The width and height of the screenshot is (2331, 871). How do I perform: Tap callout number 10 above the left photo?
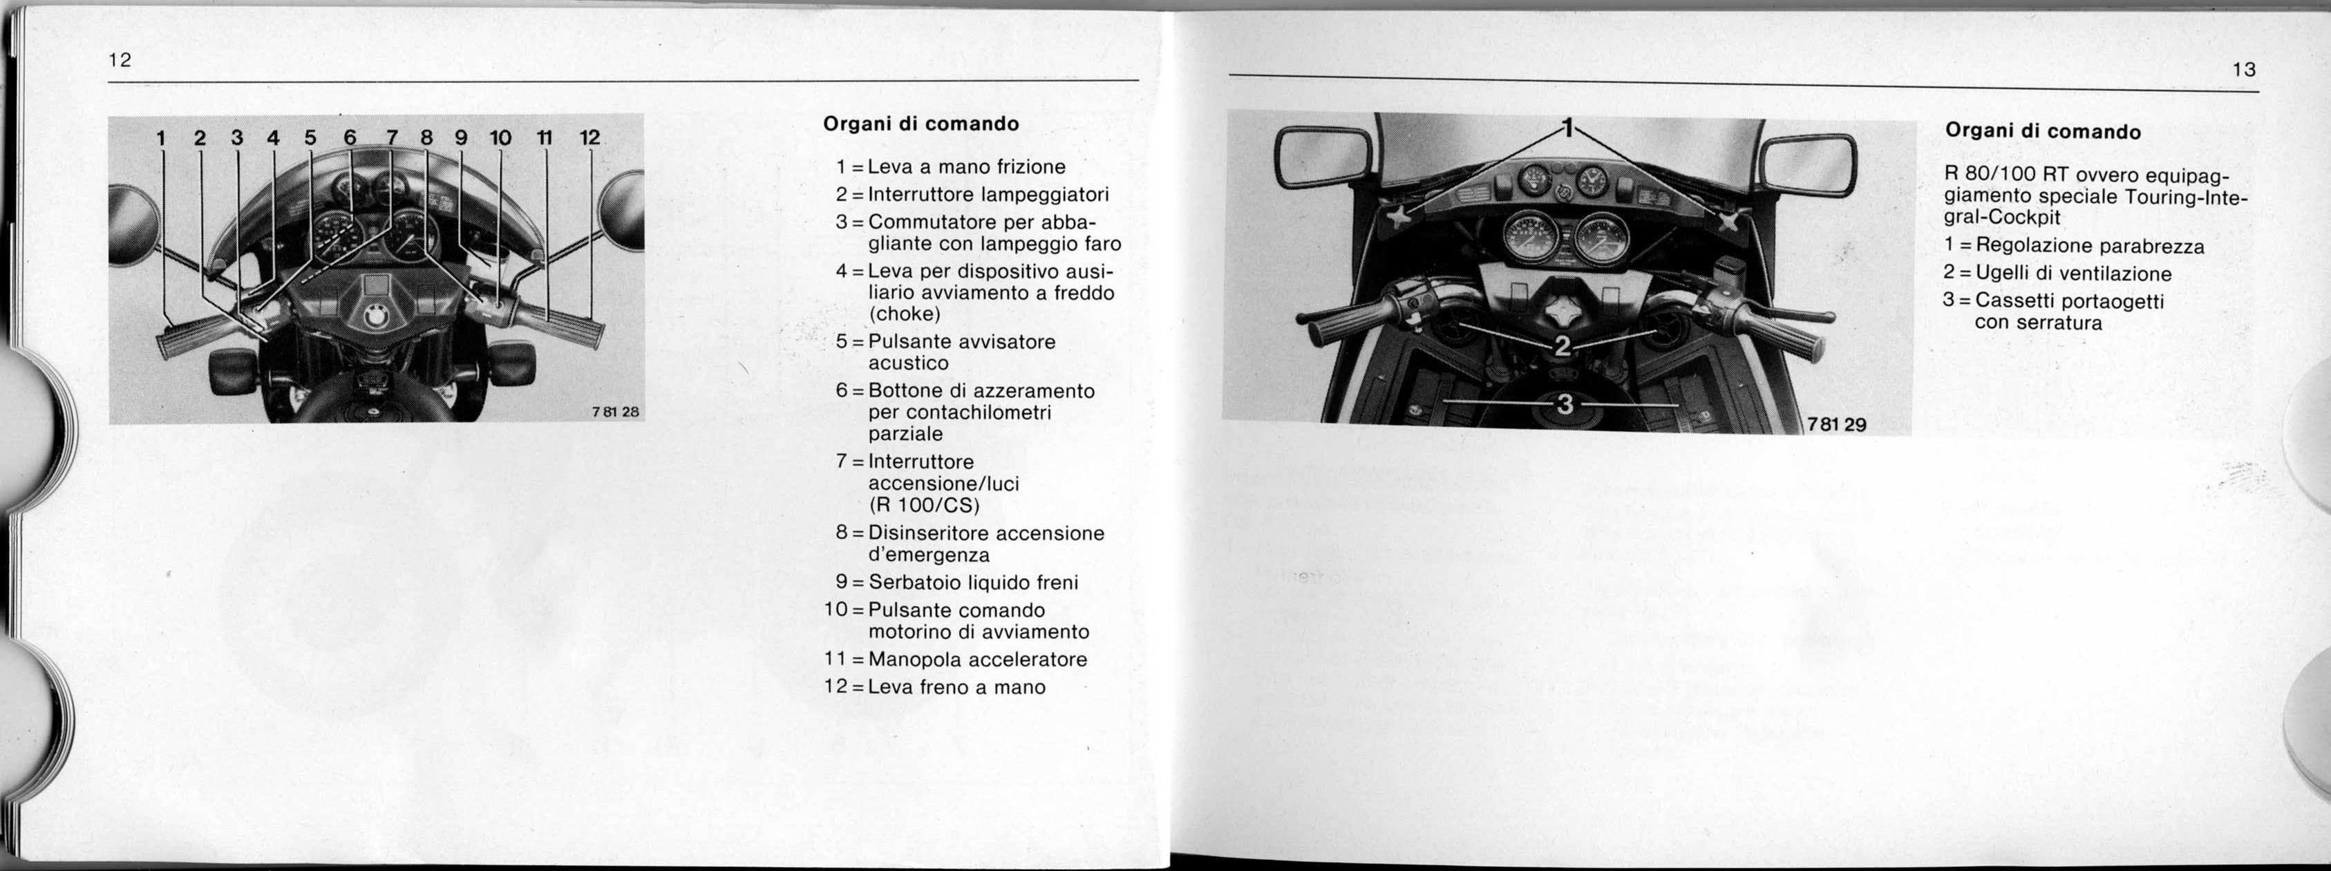click(x=500, y=137)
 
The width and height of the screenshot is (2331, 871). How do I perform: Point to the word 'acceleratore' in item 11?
click(x=1028, y=660)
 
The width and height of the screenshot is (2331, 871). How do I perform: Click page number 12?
click(x=120, y=61)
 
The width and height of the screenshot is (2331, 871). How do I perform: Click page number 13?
click(x=2244, y=70)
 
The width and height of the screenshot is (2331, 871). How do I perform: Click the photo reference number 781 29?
click(x=1836, y=423)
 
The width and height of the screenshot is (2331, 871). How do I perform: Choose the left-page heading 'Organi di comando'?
click(x=921, y=124)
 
